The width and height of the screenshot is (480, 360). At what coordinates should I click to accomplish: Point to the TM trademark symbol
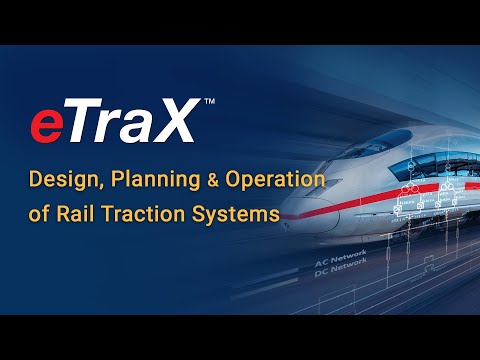click(207, 102)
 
